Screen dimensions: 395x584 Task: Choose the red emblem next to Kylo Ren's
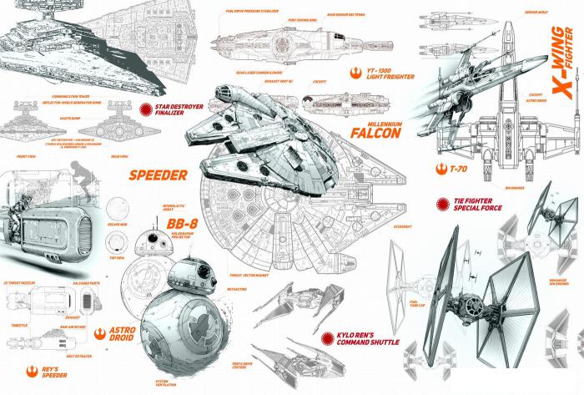click(326, 337)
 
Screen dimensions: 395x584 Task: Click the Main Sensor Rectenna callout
click(345, 13)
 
